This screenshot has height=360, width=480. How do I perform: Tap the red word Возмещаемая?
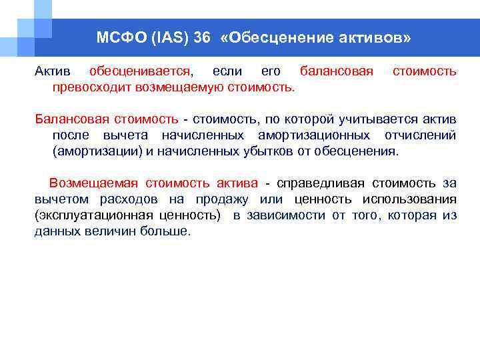89,183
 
